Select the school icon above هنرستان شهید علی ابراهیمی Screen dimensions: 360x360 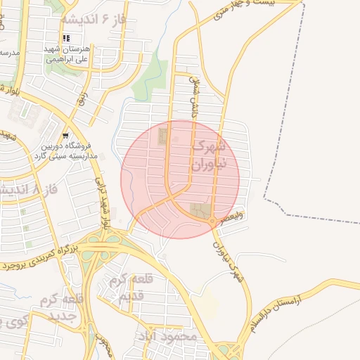click(66, 39)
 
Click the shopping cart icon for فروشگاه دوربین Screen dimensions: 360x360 click(65, 136)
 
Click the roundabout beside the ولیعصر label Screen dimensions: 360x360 click(212, 221)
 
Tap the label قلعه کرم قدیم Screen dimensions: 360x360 click(127, 287)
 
